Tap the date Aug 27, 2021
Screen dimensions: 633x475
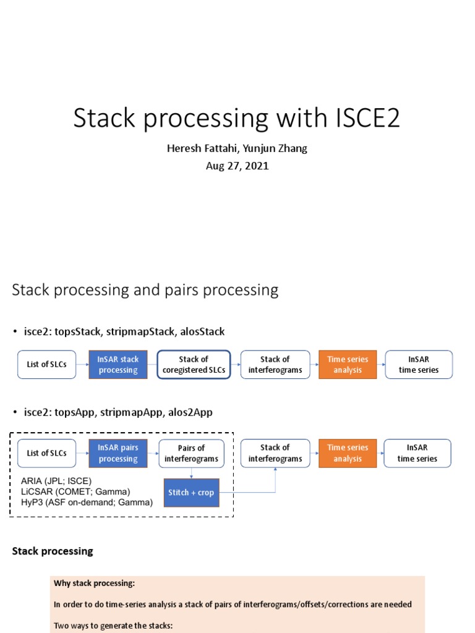click(x=237, y=166)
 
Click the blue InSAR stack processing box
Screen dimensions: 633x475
click(x=118, y=365)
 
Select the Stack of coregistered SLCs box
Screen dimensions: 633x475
click(x=194, y=365)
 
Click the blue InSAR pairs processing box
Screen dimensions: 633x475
click(x=118, y=453)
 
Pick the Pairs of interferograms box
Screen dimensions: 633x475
click(x=191, y=453)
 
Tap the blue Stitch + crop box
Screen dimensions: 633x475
click(x=191, y=493)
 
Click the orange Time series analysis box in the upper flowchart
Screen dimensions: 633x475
click(x=348, y=365)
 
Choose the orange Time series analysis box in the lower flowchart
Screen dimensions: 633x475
click(x=348, y=453)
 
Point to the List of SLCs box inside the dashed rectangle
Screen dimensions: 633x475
click(x=46, y=453)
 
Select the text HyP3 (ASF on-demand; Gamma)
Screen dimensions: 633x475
click(x=87, y=502)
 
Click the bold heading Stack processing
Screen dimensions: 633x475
click(x=53, y=551)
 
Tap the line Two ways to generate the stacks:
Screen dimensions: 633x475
click(x=113, y=626)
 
